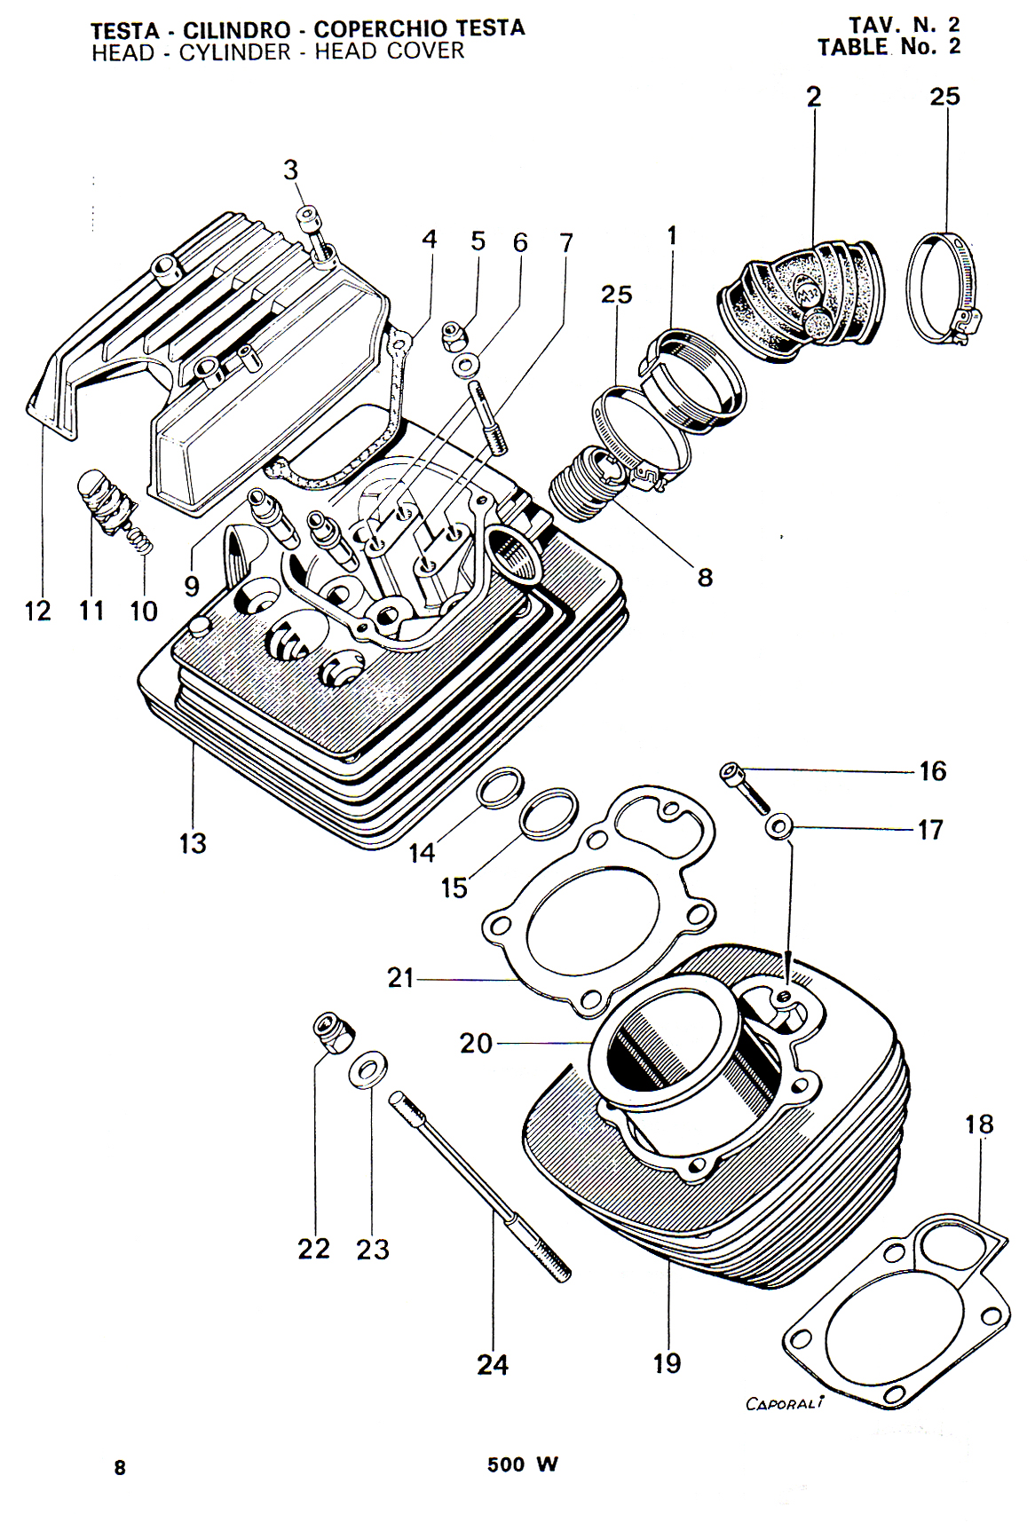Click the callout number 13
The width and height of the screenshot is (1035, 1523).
point(193,843)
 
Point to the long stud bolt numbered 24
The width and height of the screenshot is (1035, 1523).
point(480,1188)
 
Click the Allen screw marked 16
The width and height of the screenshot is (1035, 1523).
point(744,789)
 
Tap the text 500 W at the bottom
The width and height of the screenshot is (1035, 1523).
point(522,1465)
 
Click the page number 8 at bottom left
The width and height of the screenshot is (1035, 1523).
point(120,1467)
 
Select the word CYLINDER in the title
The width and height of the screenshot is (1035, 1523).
point(234,52)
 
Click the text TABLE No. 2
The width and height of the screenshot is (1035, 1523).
point(889,47)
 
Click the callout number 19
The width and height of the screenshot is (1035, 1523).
point(667,1362)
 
